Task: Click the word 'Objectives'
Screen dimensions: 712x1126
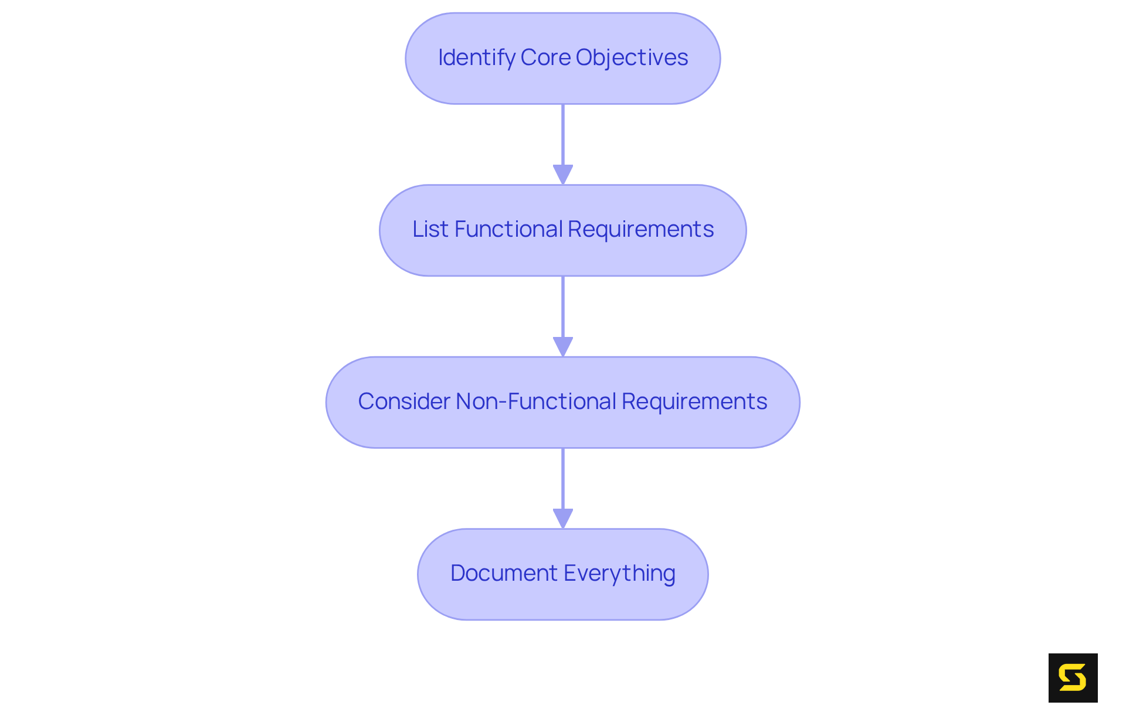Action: coord(632,57)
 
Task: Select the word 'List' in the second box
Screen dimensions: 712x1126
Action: coord(430,229)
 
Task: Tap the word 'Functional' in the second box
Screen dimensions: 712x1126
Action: coord(508,229)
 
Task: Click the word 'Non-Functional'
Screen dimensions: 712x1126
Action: coord(536,401)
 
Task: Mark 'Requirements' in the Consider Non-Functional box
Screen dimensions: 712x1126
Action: coord(694,401)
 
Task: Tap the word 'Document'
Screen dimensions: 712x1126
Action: coord(504,573)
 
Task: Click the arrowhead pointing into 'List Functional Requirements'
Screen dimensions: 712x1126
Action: coord(563,174)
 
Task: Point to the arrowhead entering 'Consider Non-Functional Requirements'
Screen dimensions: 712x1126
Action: coord(563,346)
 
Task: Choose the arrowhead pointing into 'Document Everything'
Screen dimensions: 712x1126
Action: coord(563,518)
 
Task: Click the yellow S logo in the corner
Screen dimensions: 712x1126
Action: coord(1073,678)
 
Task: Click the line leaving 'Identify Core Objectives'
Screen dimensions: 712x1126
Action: coord(563,135)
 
